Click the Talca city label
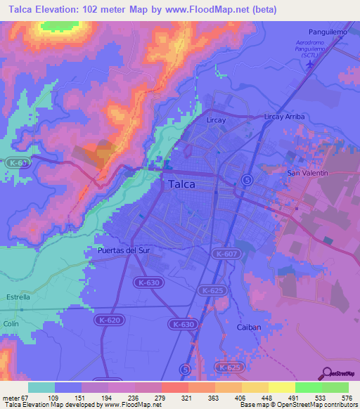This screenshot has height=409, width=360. (x=182, y=185)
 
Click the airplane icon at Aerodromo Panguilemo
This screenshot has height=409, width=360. (x=311, y=64)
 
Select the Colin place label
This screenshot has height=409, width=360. (x=11, y=323)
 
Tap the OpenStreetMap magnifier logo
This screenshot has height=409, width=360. (x=326, y=374)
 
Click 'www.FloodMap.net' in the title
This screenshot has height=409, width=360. (x=217, y=10)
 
